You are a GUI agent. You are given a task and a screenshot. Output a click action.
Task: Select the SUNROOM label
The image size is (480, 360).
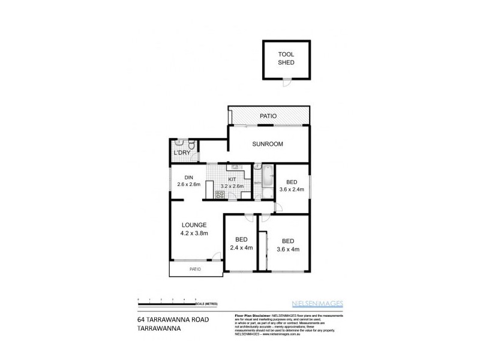pyautogui.click(x=268, y=144)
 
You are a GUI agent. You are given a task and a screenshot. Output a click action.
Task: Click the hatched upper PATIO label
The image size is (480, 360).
pyautogui.click(x=268, y=116)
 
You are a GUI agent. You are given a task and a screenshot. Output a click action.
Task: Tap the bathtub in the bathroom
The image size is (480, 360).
pyautogui.click(x=268, y=178)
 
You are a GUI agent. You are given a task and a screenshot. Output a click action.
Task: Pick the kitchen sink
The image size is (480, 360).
pyautogui.click(x=235, y=167)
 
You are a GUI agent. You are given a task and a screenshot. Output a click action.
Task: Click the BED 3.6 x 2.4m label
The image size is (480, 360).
pyautogui.click(x=292, y=185)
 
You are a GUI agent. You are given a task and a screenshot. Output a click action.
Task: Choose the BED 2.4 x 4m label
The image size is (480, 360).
pyautogui.click(x=241, y=242)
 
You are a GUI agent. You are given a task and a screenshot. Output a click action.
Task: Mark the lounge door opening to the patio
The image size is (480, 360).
pyautogui.click(x=212, y=260)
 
